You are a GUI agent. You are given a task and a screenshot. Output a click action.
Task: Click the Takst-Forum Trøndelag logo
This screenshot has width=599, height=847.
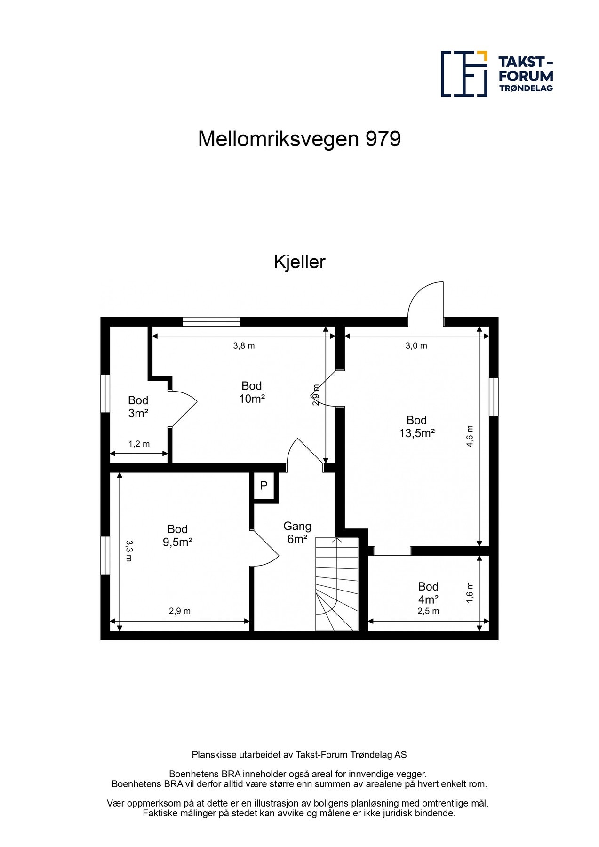[496, 74]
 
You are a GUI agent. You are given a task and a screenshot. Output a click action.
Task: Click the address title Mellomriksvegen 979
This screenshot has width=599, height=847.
[299, 139]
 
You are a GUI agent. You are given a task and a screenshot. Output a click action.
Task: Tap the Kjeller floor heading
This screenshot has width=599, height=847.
[299, 262]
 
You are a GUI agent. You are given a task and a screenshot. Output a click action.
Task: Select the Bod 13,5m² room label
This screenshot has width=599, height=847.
[416, 427]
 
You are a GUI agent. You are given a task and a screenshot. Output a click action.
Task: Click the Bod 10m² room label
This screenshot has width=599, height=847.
[252, 392]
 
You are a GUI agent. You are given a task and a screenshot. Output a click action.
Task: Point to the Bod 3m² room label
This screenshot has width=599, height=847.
[138, 407]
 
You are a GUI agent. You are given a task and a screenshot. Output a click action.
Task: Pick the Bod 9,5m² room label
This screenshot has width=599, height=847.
[177, 535]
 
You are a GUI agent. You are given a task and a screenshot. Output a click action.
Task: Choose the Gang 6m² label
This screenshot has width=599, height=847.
[297, 533]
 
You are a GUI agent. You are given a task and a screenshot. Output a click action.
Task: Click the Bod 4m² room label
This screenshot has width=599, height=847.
[428, 593]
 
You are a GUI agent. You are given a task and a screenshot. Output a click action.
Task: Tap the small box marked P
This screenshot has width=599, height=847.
[264, 486]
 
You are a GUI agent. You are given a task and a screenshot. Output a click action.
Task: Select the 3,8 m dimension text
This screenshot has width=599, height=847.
[244, 346]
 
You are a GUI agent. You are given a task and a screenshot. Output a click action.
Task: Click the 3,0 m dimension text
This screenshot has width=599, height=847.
[416, 346]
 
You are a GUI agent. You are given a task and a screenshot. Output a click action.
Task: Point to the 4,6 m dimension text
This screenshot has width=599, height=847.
[470, 436]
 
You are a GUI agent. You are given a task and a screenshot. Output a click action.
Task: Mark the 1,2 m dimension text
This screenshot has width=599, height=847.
[139, 444]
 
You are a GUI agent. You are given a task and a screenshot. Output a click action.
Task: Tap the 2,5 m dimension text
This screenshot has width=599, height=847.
[428, 611]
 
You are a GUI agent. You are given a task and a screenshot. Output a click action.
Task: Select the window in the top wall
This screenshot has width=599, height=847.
[211, 322]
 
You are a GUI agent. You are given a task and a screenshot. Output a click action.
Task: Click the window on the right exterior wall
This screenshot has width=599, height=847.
[494, 396]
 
